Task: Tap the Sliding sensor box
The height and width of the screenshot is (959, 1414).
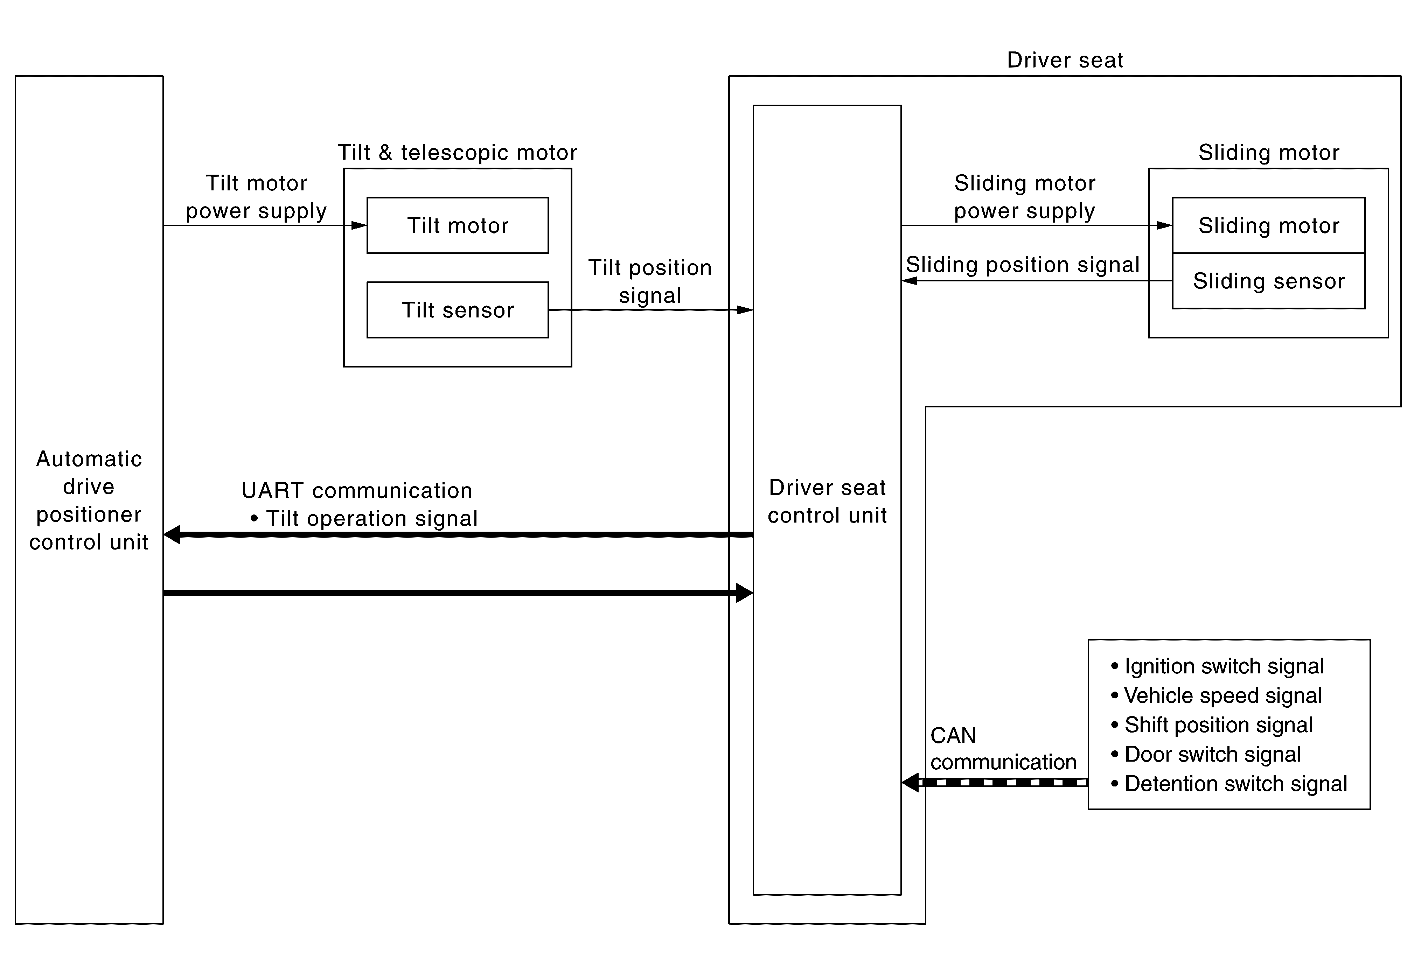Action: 1269,281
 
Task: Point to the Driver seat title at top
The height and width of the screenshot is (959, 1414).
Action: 1065,60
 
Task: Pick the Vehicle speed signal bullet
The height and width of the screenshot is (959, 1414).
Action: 1216,696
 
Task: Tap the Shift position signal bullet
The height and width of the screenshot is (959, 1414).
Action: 1211,725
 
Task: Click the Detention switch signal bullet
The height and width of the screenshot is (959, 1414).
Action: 1228,784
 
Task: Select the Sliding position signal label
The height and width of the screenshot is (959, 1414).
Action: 1022,265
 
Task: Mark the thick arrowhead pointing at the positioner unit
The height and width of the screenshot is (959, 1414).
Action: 172,534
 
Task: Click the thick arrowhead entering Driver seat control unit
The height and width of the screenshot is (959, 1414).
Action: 745,593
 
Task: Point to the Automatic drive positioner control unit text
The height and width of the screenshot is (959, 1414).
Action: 89,500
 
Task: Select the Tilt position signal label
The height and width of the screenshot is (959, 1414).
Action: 650,281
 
